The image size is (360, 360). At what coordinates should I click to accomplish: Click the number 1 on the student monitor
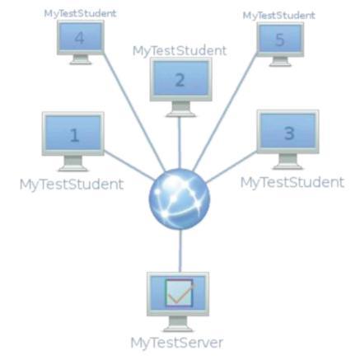coord(74,135)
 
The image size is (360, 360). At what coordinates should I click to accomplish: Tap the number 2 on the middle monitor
coord(180,80)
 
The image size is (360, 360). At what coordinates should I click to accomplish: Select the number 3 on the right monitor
coord(289,133)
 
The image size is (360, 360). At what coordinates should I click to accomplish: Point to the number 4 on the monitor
coord(80,38)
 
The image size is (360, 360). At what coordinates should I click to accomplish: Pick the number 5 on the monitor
coord(279,40)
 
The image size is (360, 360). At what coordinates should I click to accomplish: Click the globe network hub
coord(180,199)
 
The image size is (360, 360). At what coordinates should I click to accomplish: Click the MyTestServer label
coord(177,343)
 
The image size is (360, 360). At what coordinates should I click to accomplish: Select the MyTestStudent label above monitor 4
coord(80,13)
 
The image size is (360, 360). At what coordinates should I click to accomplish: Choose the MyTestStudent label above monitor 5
coord(279,16)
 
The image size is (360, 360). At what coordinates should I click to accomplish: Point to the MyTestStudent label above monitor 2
coord(180,51)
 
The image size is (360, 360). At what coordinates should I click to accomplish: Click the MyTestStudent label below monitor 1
coord(72,185)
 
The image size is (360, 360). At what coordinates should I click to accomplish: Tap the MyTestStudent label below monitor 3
coord(292,182)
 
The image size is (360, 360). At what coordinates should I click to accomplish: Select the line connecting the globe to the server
coord(180,251)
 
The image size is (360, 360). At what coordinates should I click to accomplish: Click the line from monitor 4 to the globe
coord(134,112)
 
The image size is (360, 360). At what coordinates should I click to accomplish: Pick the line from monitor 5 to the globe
coord(225,112)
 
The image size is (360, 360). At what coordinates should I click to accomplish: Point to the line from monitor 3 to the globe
coord(231,167)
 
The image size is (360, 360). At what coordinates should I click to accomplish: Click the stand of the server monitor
coord(178,324)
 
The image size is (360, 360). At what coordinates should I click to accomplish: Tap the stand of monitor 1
coord(73,163)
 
